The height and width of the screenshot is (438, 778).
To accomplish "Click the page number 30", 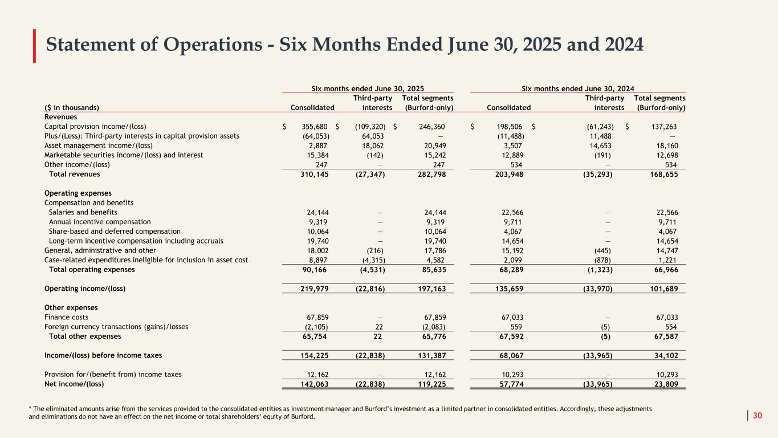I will point(757,416).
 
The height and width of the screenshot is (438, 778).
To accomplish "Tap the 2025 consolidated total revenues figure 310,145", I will point(313,174).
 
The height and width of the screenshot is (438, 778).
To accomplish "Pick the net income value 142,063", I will point(313,384).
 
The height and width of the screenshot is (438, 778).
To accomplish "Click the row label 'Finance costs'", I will point(66,317).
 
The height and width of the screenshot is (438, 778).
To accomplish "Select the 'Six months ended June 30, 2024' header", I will point(578,88).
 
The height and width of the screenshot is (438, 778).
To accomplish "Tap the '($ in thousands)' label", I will point(71,107).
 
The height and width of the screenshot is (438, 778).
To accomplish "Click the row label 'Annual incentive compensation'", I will point(100,222).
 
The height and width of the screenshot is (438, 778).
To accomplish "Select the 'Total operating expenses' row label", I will point(92,269).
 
